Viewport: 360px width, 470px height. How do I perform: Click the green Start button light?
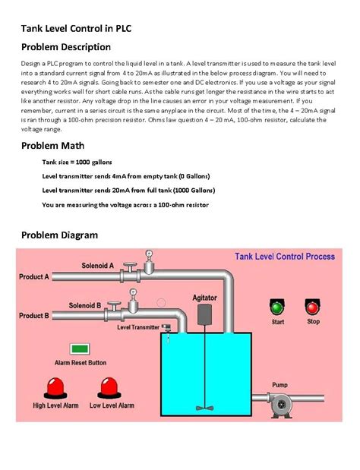pos(277,308)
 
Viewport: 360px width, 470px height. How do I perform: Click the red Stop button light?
pos(312,307)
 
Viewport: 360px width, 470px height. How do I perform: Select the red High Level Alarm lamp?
pos(55,388)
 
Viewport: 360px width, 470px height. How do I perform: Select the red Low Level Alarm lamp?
pos(111,388)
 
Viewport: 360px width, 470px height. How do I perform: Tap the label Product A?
pos(34,277)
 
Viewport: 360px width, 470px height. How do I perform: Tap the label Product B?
pos(34,315)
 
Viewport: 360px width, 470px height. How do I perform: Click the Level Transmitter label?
pos(137,327)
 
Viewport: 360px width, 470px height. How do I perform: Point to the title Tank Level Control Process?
pos(284,257)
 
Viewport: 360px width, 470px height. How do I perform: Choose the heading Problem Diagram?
pos(59,235)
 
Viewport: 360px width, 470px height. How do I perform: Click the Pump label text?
pos(279,384)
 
